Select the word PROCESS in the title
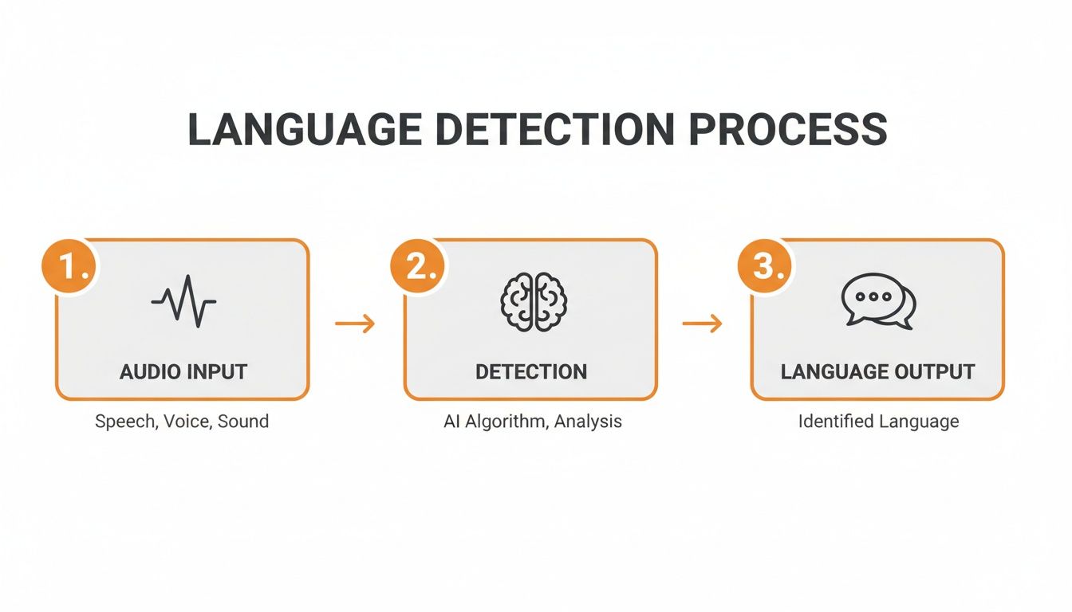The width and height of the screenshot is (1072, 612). pyautogui.click(x=787, y=130)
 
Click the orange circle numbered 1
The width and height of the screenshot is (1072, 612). pyautogui.click(x=69, y=267)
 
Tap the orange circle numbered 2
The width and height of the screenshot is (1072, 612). pyautogui.click(x=417, y=267)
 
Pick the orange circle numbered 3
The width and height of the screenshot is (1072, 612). pyautogui.click(x=764, y=267)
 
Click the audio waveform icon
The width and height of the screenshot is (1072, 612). pyautogui.click(x=183, y=302)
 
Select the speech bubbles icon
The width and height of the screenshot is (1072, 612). pyautogui.click(x=878, y=304)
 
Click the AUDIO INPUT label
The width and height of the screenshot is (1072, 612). pyautogui.click(x=183, y=371)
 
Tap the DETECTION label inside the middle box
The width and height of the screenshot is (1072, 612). pyautogui.click(x=531, y=371)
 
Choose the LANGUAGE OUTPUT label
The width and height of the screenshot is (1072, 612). pyautogui.click(x=878, y=371)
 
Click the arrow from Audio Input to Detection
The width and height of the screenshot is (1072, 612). pyautogui.click(x=355, y=323)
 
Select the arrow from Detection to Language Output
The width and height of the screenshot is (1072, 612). pyautogui.click(x=703, y=323)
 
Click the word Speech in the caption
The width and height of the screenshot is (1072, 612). pyautogui.click(x=124, y=422)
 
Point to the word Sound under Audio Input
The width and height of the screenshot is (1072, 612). pyautogui.click(x=243, y=422)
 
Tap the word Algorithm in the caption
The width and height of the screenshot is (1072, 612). pyautogui.click(x=504, y=422)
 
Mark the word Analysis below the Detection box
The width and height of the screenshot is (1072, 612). pyautogui.click(x=588, y=422)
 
